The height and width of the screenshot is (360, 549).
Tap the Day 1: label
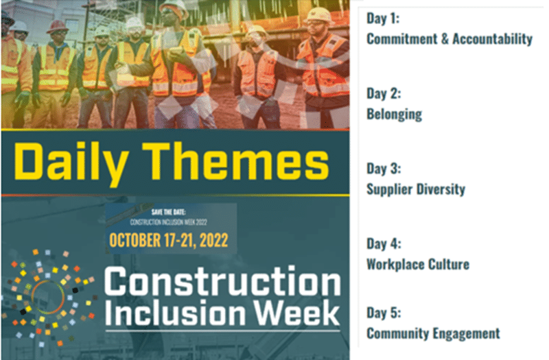383,19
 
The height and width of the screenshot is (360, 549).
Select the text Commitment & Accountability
449,39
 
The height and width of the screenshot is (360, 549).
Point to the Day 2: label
384,93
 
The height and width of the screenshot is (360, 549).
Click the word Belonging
394,115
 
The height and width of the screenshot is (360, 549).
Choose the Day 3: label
384,169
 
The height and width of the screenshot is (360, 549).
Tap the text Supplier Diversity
416,189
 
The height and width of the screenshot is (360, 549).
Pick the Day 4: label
384,244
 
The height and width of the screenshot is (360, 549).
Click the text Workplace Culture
418,265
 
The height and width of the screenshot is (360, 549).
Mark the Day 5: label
384,313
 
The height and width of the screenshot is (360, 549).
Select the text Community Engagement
433,333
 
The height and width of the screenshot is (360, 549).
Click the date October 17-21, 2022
168,241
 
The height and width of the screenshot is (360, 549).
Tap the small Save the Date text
168,212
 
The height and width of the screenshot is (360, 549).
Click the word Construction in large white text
222,281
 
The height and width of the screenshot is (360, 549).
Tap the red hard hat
58,26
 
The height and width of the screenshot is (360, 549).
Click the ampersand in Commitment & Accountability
445,39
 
